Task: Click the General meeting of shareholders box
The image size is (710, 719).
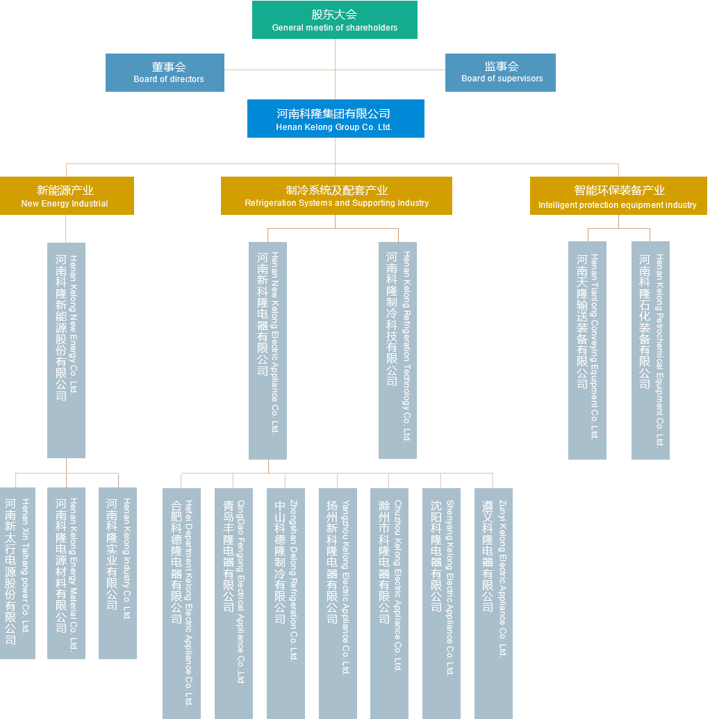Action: (x=334, y=20)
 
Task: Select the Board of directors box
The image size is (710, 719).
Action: (x=165, y=72)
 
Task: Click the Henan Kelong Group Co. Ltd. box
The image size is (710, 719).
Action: (x=335, y=118)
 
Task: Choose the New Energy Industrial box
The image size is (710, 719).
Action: (x=67, y=195)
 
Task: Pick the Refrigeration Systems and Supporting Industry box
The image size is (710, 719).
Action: (x=336, y=195)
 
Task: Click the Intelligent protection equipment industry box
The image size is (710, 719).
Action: (x=618, y=195)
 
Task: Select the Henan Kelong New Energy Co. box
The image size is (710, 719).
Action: (x=66, y=350)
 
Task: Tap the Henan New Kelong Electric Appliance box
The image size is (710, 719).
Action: (x=267, y=350)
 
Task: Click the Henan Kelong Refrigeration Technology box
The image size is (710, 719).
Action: (x=397, y=350)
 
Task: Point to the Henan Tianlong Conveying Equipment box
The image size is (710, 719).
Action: (x=587, y=350)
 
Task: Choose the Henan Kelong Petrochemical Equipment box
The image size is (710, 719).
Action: (x=650, y=350)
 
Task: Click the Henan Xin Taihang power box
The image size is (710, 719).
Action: (x=17, y=573)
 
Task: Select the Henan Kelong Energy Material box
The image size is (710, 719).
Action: (x=66, y=573)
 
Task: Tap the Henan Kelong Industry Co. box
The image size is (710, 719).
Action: (x=117, y=573)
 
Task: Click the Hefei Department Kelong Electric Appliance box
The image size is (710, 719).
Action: (x=181, y=602)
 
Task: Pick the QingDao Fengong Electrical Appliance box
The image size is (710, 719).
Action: (x=233, y=602)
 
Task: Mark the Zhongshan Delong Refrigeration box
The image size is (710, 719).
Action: (x=286, y=602)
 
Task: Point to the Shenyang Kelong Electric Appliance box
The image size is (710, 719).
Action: (x=441, y=602)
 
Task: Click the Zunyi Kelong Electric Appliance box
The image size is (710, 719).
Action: (x=493, y=602)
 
